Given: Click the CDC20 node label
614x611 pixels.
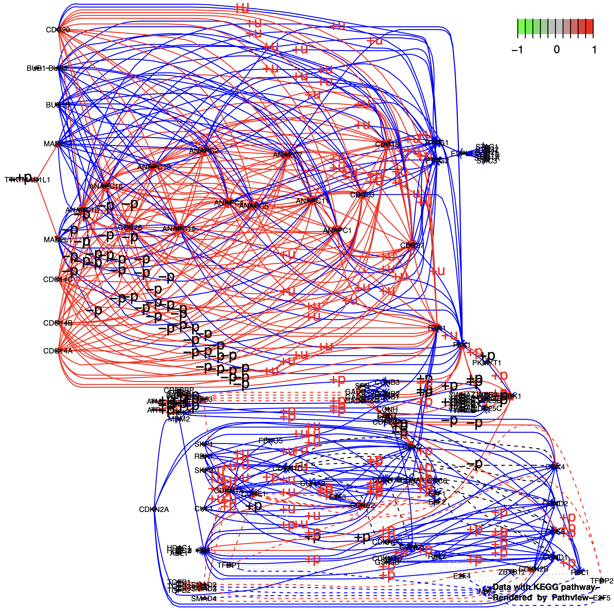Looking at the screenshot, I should click(x=58, y=30).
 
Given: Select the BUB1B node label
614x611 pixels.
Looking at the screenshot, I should click(x=58, y=105).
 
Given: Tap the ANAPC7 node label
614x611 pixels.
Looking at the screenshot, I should click(x=288, y=155).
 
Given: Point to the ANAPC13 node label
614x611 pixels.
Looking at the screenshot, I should click(x=154, y=167).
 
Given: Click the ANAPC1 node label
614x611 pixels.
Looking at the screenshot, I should click(x=337, y=231).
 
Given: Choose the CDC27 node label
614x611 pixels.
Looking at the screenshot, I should click(x=412, y=246).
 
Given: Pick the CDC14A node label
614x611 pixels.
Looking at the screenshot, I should click(x=58, y=351).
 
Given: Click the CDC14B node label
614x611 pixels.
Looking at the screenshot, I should click(x=58, y=323).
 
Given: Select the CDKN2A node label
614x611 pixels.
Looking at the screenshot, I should click(x=154, y=510).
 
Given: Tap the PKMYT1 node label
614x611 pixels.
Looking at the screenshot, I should click(x=487, y=363).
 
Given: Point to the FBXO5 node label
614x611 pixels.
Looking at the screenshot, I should click(x=271, y=441).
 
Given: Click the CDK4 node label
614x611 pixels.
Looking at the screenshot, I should click(x=555, y=467).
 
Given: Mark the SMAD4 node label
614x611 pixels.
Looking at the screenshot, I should click(x=204, y=599).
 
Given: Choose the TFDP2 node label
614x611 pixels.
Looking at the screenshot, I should click(x=602, y=581).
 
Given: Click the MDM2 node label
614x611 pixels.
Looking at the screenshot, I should click(x=179, y=419).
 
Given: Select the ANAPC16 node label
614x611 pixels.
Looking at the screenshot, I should click(x=106, y=186).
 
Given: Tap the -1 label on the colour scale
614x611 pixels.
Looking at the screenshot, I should click(x=517, y=50).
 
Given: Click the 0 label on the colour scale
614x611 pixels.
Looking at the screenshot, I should click(x=557, y=50).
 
